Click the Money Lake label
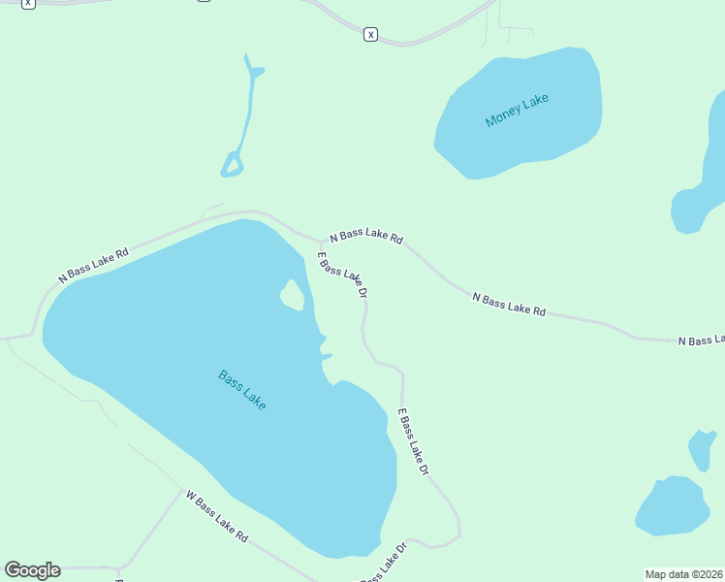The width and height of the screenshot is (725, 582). (x=517, y=110)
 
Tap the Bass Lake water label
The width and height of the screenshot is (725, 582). (x=241, y=389)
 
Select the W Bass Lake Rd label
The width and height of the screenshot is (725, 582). (x=217, y=516)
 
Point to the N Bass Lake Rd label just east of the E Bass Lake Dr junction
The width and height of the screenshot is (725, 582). (x=365, y=237)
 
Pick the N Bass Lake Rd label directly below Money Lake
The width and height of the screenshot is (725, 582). (x=509, y=304)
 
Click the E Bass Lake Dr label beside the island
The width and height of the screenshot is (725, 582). (x=343, y=275)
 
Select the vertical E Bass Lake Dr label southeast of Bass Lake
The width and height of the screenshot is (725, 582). (x=413, y=441)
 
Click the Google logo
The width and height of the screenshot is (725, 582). (x=32, y=570)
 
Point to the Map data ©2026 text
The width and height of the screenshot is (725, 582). (x=684, y=574)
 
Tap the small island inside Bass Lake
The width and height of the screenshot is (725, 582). (x=292, y=295)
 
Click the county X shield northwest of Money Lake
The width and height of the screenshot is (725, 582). (x=370, y=35)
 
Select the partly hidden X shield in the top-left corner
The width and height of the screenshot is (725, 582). (x=27, y=3)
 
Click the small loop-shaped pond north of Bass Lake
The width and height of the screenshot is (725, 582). (x=232, y=165)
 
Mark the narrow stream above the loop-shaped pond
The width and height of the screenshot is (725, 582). (x=252, y=97)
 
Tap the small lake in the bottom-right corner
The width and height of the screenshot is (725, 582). (x=671, y=505)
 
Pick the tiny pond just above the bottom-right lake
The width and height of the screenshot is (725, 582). (x=701, y=448)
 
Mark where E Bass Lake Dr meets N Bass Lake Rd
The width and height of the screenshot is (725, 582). (x=323, y=241)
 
